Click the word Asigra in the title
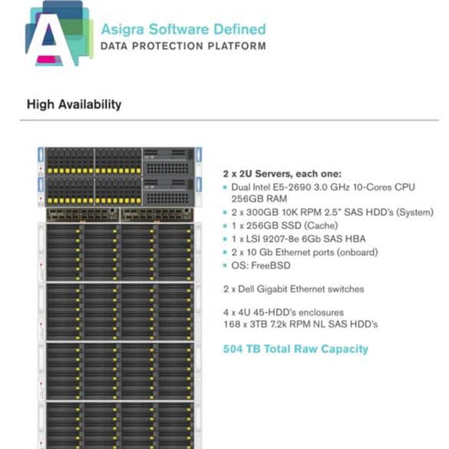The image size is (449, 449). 123,29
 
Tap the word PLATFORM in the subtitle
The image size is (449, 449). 237,46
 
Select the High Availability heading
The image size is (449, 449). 74,104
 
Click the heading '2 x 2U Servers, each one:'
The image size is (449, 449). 282,173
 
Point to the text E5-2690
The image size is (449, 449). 292,187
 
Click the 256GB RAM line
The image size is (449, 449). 259,199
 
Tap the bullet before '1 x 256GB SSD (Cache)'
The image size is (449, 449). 225,226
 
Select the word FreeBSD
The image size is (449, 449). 271,266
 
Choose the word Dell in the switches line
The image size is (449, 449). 246,289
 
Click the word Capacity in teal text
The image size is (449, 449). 345,349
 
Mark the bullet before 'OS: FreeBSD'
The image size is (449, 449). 225,266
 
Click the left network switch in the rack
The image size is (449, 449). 83,215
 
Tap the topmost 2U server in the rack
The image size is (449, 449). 120,161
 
